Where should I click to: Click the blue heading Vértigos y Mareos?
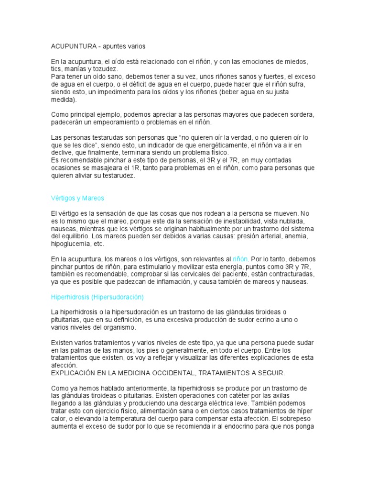(77, 198)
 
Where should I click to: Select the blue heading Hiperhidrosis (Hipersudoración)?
(97, 297)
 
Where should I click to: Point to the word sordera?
(303, 115)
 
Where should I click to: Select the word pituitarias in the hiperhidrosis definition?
(66, 320)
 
